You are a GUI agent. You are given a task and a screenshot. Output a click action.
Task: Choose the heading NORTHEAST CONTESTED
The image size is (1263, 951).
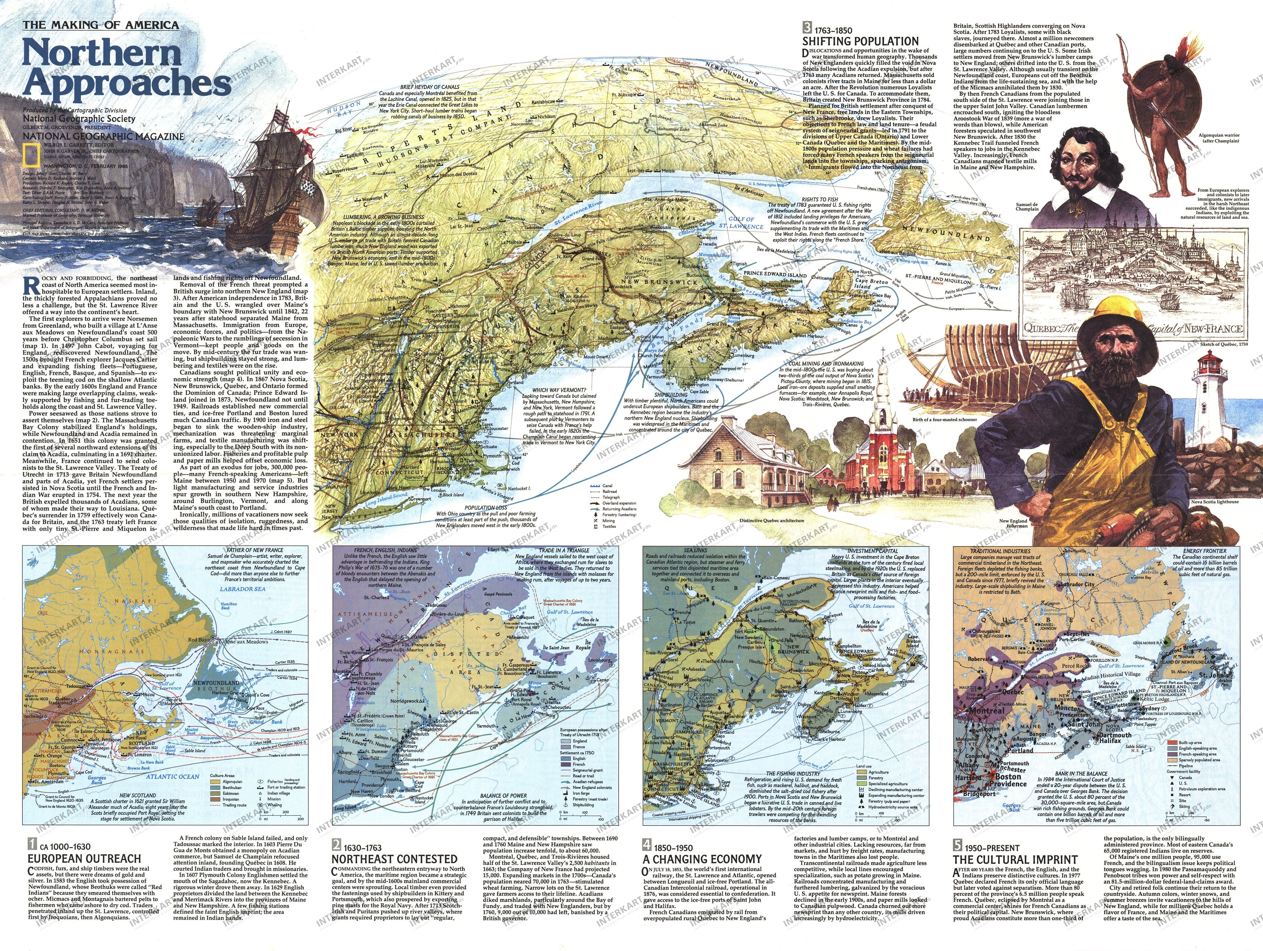pos(394,859)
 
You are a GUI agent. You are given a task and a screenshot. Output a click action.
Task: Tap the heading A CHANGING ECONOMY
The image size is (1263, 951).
pos(702,859)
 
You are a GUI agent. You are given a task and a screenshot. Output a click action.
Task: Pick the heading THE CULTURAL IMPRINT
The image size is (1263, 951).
pos(1015,860)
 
